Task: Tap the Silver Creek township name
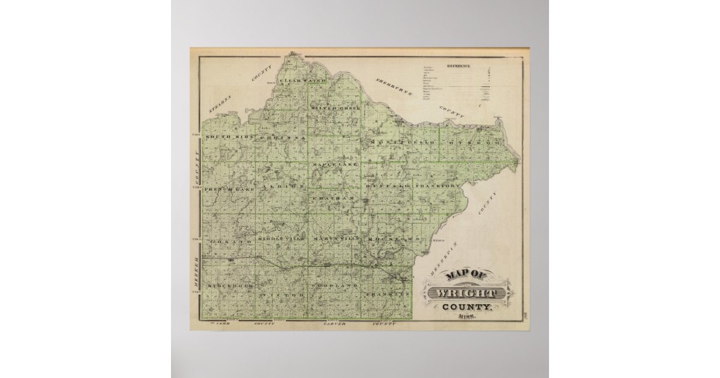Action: pos(335,108)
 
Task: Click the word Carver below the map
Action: pos(336,324)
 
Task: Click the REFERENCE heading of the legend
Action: pos(458,66)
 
